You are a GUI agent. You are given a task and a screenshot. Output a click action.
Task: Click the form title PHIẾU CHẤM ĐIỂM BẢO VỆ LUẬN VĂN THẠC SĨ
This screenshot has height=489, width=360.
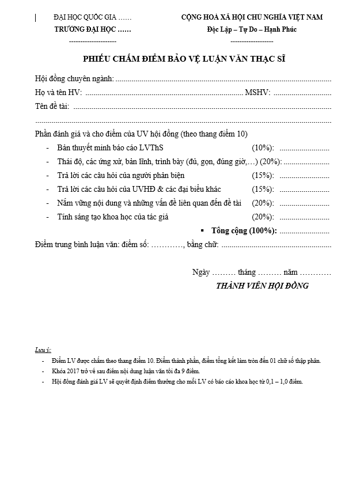(184, 59)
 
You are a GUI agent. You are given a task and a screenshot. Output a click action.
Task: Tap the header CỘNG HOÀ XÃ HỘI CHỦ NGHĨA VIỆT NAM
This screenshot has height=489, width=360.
(252, 17)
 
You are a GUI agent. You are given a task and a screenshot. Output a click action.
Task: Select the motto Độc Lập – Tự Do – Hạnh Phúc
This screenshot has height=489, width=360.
(252, 29)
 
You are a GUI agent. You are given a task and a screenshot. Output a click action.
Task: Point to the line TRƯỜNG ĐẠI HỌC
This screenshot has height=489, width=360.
(92, 29)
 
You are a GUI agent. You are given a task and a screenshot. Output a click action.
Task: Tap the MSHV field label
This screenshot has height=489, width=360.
(257, 92)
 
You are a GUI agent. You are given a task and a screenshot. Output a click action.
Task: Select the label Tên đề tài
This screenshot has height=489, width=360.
(52, 106)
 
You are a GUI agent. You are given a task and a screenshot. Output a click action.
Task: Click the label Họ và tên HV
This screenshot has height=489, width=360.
(58, 92)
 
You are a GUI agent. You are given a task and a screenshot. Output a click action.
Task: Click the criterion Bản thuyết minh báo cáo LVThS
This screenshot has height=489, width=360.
(110, 148)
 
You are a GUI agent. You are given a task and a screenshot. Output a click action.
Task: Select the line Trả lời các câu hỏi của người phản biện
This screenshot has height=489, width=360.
(121, 175)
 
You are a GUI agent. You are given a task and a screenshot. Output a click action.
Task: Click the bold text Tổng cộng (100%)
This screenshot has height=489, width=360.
(244, 230)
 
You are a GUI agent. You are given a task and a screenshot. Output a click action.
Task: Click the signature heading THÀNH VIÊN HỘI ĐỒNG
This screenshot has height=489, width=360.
(262, 286)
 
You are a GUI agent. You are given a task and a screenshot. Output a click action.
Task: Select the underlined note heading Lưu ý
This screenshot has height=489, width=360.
(43, 350)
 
